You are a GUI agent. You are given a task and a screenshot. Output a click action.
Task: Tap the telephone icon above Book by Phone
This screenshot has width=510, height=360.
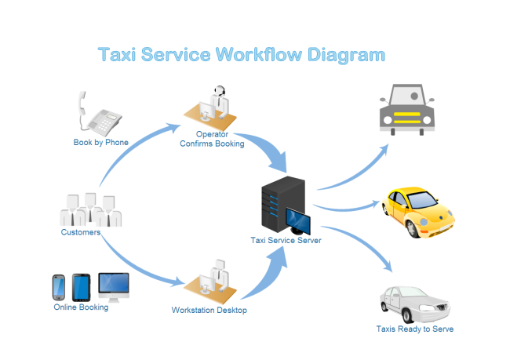tap(100, 115)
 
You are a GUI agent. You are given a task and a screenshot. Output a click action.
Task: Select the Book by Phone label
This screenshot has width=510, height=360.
tap(100, 142)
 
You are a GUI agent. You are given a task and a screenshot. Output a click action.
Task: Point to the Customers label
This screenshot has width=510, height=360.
tap(81, 232)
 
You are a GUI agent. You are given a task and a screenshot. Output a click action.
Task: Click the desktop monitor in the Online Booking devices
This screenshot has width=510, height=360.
tap(114, 285)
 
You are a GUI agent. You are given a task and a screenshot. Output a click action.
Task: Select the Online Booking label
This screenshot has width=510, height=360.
tap(81, 307)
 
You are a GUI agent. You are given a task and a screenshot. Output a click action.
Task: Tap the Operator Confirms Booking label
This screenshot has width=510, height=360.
tap(212, 139)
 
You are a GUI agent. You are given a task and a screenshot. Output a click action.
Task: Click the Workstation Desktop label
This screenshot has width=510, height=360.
tap(209, 311)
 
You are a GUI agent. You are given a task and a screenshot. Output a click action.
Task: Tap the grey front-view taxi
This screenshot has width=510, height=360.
tap(406, 109)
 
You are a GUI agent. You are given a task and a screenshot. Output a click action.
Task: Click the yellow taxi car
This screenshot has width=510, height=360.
tap(417, 211)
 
